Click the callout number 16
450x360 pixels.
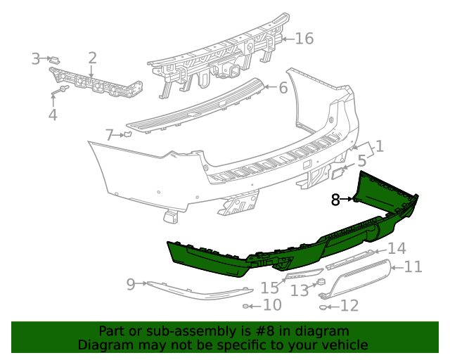coord(304,38)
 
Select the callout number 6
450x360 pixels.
coord(283,88)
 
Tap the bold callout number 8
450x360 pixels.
coord(335,200)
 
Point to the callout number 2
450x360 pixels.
coord(92,58)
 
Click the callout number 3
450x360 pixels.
coord(36,59)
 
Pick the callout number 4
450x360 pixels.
coord(53,114)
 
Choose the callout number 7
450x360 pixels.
coord(109,134)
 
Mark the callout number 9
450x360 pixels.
coord(130,284)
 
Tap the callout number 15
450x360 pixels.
coord(270,288)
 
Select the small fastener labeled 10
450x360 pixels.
coord(247,306)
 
